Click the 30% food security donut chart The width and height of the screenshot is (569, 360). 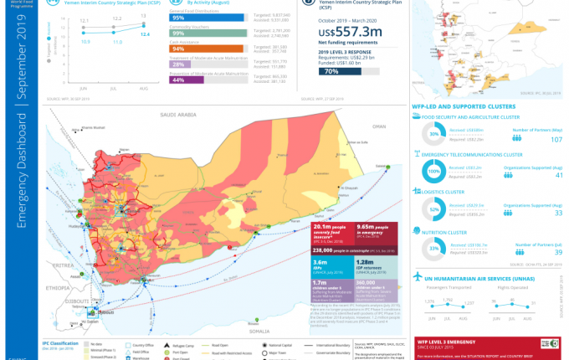point(433,135)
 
